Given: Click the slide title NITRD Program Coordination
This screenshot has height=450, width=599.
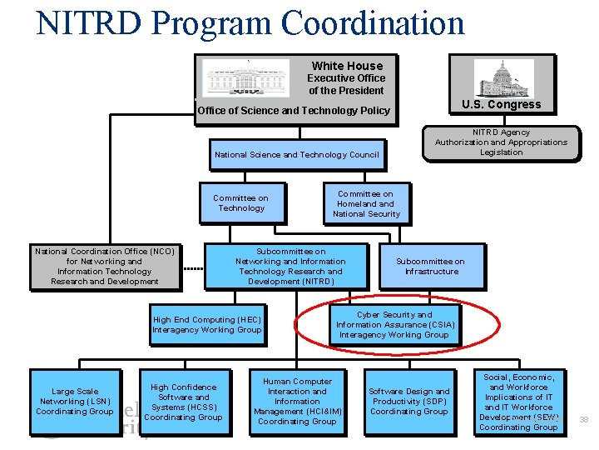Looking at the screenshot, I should [250, 22].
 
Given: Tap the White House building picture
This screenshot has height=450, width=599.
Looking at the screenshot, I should [246, 77].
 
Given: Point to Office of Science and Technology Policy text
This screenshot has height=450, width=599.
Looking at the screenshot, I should [293, 111].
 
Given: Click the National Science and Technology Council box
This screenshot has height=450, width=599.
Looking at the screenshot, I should [296, 154].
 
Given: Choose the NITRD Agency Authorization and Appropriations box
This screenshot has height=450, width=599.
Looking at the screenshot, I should [501, 142].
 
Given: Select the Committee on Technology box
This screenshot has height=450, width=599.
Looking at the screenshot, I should [240, 203].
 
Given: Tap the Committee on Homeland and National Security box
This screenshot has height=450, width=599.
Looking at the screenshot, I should [366, 203].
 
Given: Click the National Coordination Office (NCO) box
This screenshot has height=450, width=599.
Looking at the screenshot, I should [105, 267].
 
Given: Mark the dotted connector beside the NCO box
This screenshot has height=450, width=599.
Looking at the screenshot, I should [193, 269].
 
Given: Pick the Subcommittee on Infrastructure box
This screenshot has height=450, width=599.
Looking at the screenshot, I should [431, 267].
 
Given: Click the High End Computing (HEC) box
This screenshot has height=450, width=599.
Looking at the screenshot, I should [206, 325].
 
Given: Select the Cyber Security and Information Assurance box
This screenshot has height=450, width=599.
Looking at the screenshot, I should [394, 325].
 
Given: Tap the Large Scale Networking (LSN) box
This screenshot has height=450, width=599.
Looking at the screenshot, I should [74, 401].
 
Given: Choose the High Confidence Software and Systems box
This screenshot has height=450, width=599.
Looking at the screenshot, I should [183, 401].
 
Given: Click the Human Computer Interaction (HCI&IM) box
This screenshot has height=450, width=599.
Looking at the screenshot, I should [297, 402].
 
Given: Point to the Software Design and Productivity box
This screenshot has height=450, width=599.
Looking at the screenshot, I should [408, 401].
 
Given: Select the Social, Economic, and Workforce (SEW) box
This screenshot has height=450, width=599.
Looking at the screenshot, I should [518, 402].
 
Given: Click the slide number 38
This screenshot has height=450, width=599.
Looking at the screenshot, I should [583, 419].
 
